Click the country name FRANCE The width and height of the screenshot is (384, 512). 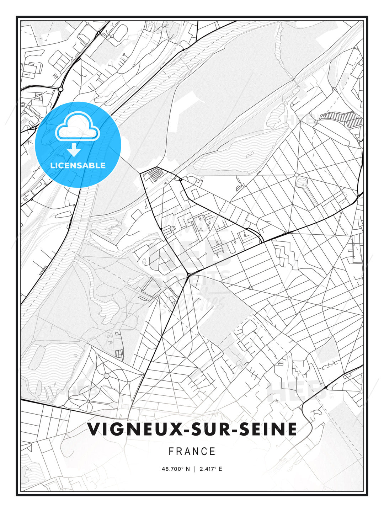[x=192, y=452]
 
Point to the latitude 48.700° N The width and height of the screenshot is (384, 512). [x=176, y=469]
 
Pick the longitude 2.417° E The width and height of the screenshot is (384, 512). [x=211, y=469]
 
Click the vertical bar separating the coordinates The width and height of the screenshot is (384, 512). [x=194, y=469]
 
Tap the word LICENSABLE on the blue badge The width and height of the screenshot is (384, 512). [x=78, y=165]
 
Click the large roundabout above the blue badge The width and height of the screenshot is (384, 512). [x=61, y=89]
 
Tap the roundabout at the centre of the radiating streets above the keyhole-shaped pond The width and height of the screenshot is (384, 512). [x=297, y=175]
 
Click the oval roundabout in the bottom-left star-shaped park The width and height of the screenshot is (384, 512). [x=106, y=375]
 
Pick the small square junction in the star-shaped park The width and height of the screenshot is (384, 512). [x=128, y=383]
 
